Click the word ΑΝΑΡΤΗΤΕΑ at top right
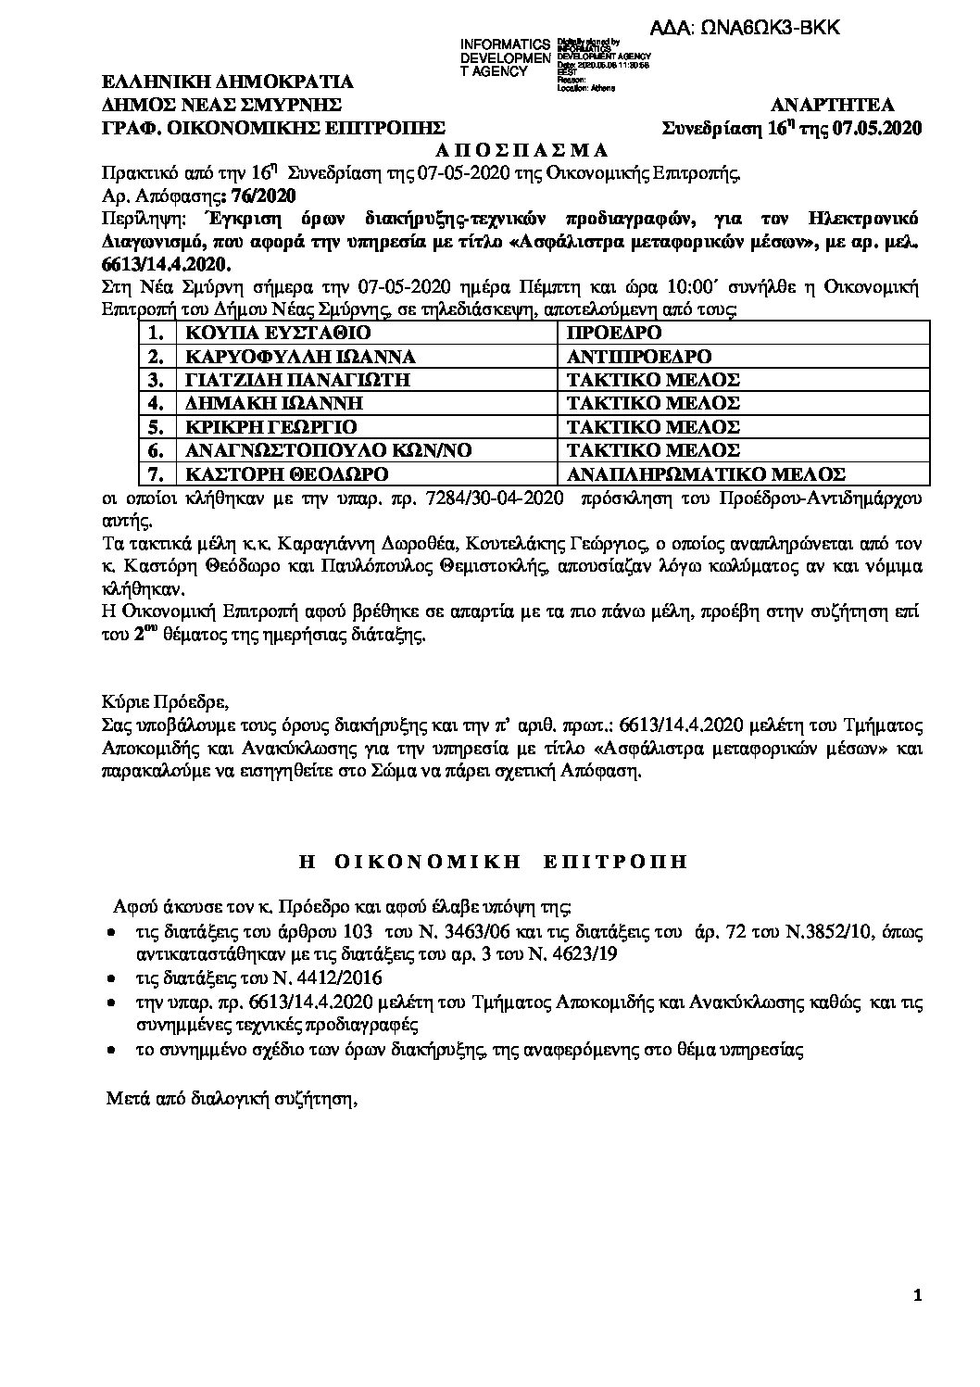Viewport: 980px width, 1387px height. pyautogui.click(x=831, y=106)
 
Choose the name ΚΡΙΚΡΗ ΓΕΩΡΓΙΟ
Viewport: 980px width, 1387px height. pyautogui.click(x=271, y=427)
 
